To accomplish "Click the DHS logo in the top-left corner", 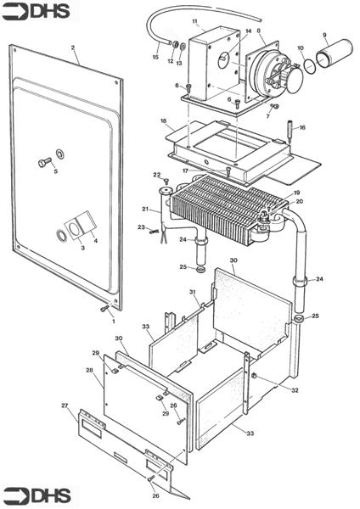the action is (x=36, y=12).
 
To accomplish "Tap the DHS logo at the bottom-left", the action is (x=37, y=496).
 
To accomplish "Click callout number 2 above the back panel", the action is (x=73, y=48).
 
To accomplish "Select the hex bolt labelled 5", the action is (x=45, y=162).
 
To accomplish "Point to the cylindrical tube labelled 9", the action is (x=335, y=53).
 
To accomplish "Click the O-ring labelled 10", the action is (x=310, y=64).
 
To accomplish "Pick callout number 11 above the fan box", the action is (x=194, y=21).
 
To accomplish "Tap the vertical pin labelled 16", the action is (x=290, y=131).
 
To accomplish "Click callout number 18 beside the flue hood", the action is (x=163, y=120).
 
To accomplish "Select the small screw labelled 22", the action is (x=167, y=181).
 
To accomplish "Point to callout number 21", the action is (x=145, y=209).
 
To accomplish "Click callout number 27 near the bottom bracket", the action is (x=65, y=406).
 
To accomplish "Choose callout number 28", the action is (x=90, y=371).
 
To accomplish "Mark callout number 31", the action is (x=193, y=292).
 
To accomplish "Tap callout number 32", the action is (x=295, y=390).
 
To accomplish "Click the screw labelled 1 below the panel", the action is (x=105, y=309).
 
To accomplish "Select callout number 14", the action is (x=249, y=31).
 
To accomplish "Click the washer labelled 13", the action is (x=183, y=48).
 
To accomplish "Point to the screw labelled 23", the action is (x=154, y=231).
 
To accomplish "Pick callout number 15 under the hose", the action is (x=155, y=57).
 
